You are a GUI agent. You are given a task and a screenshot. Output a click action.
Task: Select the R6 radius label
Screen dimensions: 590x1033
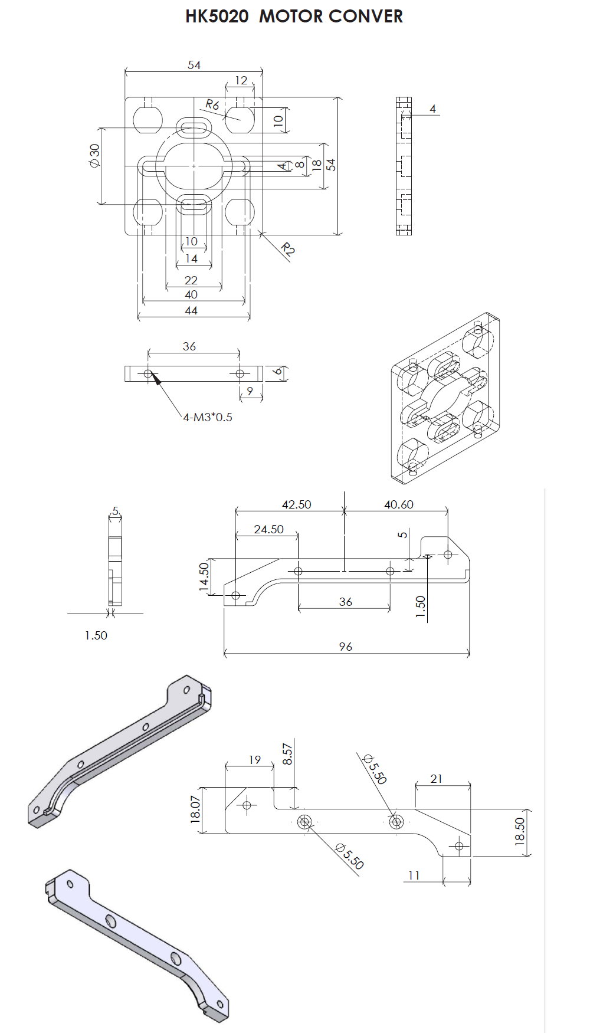tap(212, 105)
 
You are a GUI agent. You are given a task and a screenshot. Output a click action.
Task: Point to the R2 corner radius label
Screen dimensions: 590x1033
tap(287, 250)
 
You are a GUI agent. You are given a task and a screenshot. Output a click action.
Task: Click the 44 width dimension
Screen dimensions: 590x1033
tap(191, 310)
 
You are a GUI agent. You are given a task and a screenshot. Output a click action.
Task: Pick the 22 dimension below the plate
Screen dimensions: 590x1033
tap(191, 280)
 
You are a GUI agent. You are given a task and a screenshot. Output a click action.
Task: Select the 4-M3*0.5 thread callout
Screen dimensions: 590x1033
tap(208, 417)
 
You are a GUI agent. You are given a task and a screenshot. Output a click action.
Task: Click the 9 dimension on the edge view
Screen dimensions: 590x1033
tap(250, 391)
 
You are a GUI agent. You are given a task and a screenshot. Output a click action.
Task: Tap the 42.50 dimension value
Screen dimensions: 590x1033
tap(296, 504)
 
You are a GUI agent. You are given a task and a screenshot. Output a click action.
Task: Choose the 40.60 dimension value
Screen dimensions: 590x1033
tap(399, 504)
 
